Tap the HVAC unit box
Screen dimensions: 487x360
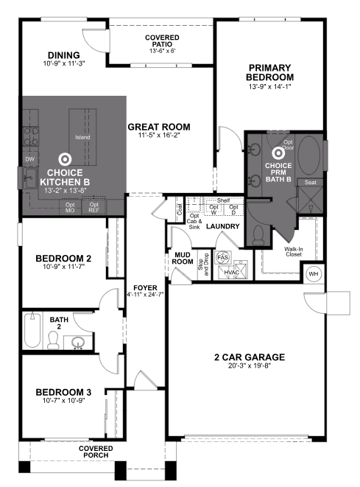click(x=230, y=272)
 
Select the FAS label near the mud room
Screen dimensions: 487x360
click(x=224, y=258)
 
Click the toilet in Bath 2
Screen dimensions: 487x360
click(x=54, y=340)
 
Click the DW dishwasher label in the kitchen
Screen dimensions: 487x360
click(x=29, y=158)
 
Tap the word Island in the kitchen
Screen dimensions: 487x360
click(x=82, y=138)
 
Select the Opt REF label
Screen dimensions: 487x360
click(x=93, y=207)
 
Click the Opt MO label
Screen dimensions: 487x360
click(x=70, y=207)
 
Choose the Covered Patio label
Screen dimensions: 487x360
click(x=162, y=44)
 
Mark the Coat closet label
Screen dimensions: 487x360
click(x=180, y=207)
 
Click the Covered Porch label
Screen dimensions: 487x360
click(x=96, y=452)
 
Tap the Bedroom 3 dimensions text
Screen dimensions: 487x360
click(x=62, y=401)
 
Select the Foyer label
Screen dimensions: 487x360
click(x=144, y=287)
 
